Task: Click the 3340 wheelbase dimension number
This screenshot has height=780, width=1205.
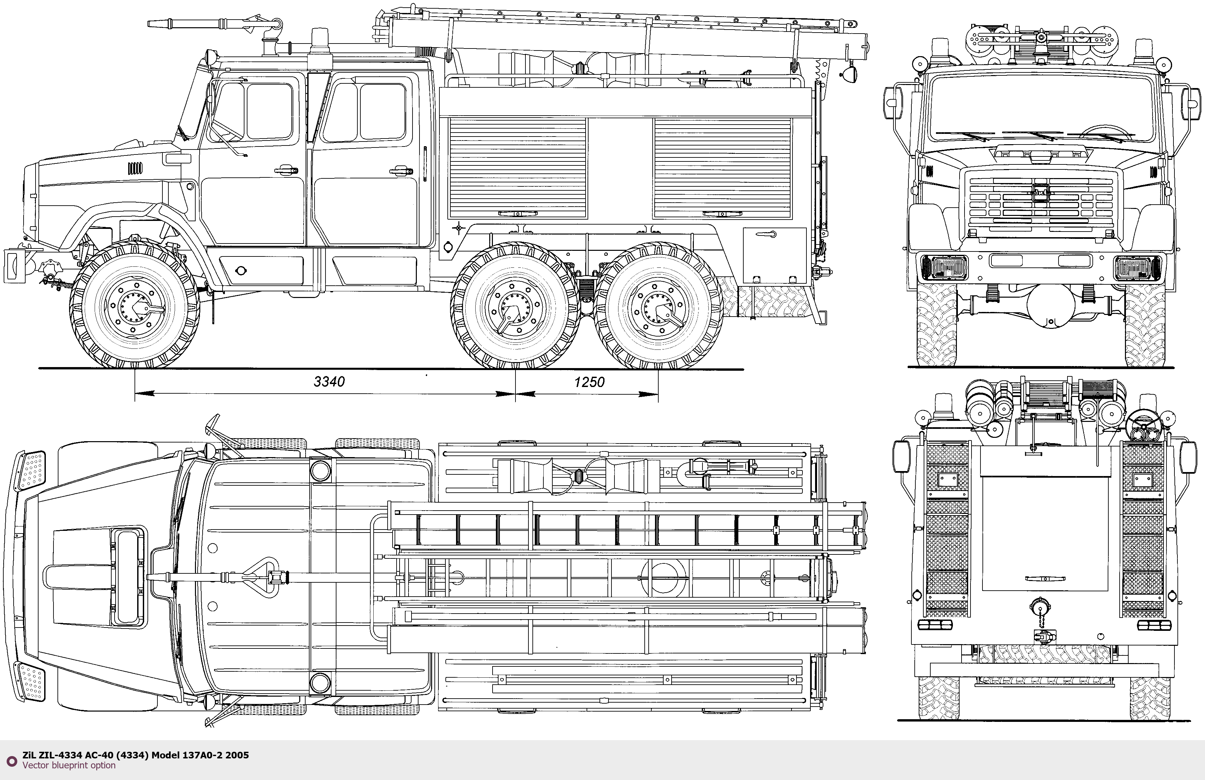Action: tap(329, 381)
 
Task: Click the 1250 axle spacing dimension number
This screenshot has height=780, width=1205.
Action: tap(589, 382)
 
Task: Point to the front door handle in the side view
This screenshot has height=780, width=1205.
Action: tap(286, 170)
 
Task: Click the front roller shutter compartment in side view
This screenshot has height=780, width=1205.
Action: tap(517, 168)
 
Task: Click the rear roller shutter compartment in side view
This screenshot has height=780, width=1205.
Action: tap(722, 168)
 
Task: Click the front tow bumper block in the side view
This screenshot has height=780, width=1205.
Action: tap(14, 265)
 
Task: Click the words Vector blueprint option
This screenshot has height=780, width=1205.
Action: tap(69, 765)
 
